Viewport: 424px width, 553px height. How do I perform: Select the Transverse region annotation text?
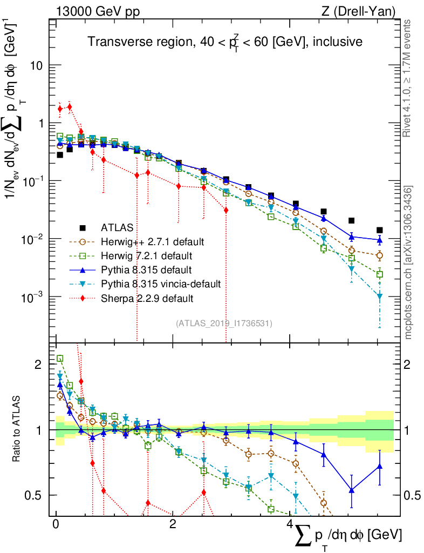click(x=225, y=42)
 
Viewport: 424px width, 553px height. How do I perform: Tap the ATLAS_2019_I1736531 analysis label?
click(x=224, y=323)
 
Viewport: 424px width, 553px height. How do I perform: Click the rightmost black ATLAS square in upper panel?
click(x=380, y=230)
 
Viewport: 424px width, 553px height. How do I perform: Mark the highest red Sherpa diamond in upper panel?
click(x=69, y=106)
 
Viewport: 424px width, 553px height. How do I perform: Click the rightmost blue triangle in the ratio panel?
click(x=380, y=466)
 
